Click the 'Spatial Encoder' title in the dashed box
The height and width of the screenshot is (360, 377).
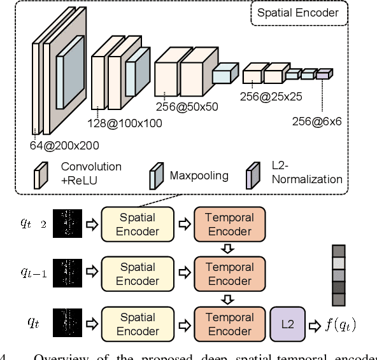(x=298, y=12)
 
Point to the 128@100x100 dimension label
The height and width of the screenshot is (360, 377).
(x=124, y=123)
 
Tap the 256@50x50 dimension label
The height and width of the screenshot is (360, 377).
(x=187, y=107)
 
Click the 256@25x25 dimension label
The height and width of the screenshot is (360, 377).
(x=271, y=97)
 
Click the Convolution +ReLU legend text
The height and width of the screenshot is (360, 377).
(x=91, y=172)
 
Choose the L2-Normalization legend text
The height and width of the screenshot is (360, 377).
(x=306, y=172)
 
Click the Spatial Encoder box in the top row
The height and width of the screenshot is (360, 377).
(x=138, y=224)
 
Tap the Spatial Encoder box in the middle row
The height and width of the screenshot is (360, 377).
(x=138, y=274)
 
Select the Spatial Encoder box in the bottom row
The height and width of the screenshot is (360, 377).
(x=138, y=324)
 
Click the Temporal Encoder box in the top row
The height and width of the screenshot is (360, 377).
(x=229, y=224)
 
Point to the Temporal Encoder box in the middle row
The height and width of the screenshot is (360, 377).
(x=229, y=274)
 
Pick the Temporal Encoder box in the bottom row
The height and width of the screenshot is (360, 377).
(x=229, y=324)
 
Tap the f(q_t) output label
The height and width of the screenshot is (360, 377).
(x=340, y=324)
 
